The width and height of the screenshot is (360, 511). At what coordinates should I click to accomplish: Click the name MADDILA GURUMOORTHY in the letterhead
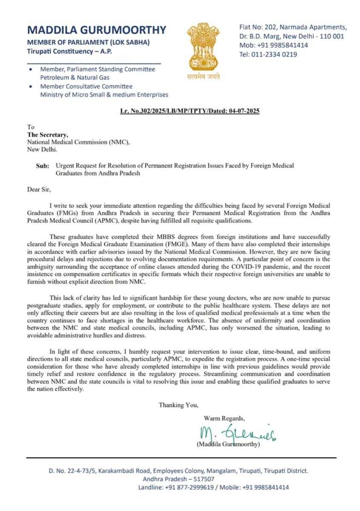pos(96,30)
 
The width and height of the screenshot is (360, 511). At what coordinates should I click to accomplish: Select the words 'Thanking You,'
pos(178,405)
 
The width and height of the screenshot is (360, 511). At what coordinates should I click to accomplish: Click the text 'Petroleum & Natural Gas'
pos(75,78)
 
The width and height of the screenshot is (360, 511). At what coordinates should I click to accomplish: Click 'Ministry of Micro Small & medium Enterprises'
pos(104,95)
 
